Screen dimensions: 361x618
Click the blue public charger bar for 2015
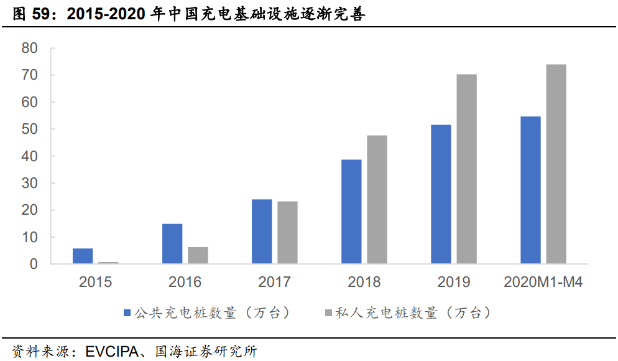[x=83, y=256]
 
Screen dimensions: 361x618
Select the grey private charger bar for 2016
[x=198, y=256]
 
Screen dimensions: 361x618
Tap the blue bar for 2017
[x=262, y=232]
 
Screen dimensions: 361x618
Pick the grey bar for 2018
[x=377, y=200]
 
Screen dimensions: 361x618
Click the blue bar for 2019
[x=441, y=195]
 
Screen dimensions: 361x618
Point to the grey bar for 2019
[x=466, y=169]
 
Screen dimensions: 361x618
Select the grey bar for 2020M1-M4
[x=556, y=164]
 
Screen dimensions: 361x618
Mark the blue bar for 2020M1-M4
[x=530, y=190]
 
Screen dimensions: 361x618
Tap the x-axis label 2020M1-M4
[x=543, y=283]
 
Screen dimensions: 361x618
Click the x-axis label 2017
[x=274, y=283]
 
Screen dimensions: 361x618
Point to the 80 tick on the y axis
[x=29, y=48]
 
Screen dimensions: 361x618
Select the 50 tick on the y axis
[x=29, y=129]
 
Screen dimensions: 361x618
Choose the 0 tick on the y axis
[x=34, y=265]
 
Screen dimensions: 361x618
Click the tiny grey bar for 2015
[x=108, y=263]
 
